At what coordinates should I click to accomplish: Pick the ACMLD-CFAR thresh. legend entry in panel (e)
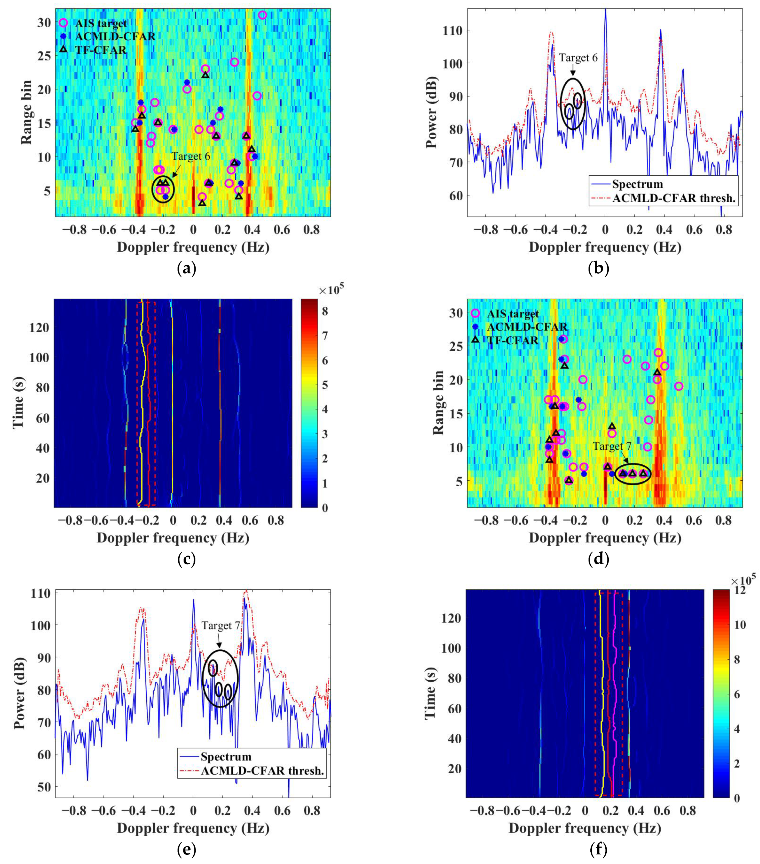point(262,771)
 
